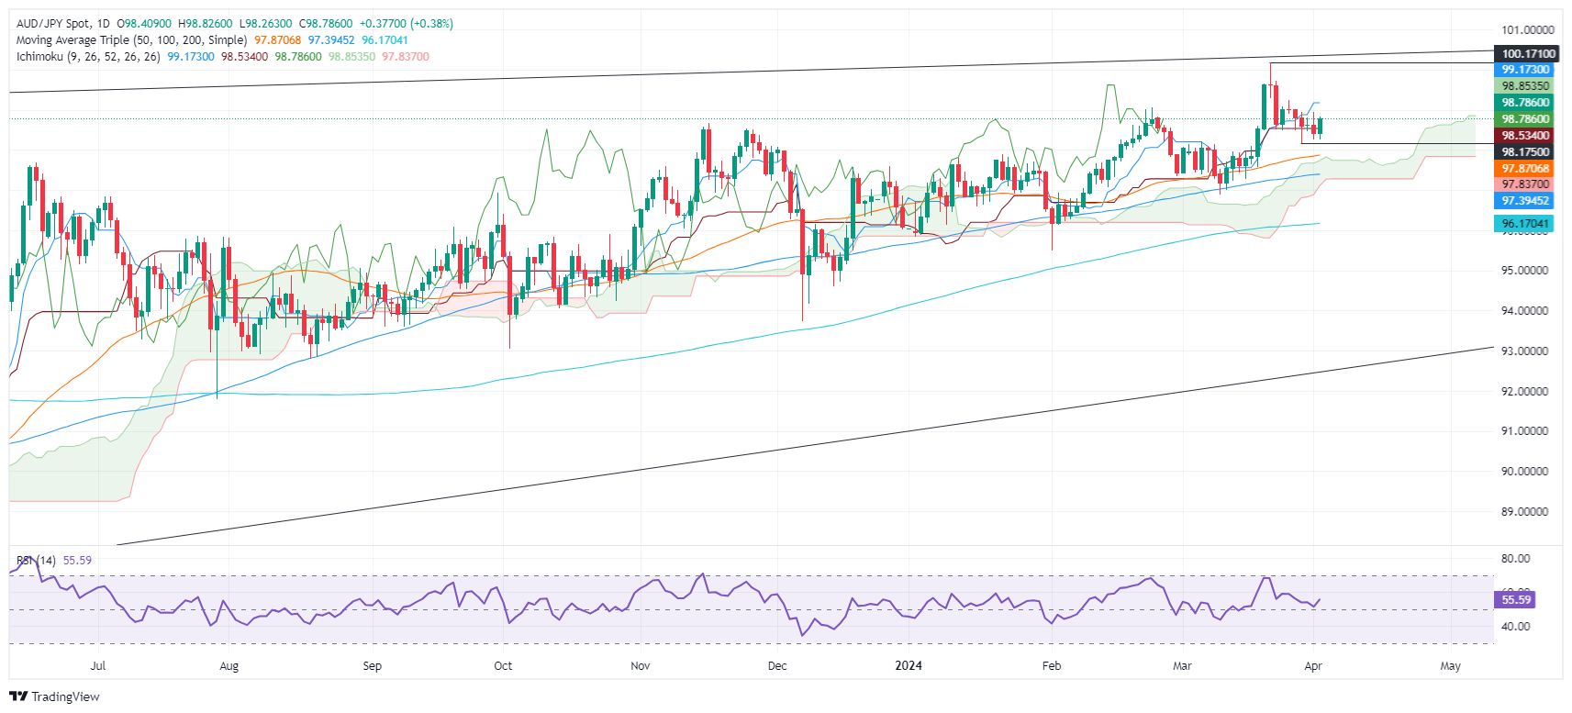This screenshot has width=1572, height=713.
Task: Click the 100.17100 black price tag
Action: coord(1528,54)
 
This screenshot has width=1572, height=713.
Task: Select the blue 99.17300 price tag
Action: coord(1524,70)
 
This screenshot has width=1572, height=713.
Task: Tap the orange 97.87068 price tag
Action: coord(1524,169)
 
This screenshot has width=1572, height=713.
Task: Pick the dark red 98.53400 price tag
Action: coord(1524,136)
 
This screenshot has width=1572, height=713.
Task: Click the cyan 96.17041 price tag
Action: coord(1524,224)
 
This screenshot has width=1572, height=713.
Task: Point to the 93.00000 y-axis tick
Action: coord(1524,351)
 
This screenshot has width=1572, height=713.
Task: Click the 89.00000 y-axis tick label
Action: coord(1524,512)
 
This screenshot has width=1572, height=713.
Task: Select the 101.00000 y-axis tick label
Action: coord(1527,30)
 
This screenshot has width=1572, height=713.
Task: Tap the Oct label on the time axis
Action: coord(503,666)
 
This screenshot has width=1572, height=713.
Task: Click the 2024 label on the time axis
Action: coord(909,666)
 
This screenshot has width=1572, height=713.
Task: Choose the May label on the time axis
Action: coord(1450,666)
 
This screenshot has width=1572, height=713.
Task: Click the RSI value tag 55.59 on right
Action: coord(1516,600)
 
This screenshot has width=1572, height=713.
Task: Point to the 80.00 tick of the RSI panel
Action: coord(1515,559)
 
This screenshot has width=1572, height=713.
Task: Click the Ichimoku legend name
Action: coord(39,57)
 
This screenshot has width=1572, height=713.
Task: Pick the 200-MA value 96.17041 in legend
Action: coord(385,40)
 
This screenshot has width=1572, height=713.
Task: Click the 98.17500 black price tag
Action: coord(1524,152)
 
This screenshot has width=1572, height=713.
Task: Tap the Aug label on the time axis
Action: coord(229,666)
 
